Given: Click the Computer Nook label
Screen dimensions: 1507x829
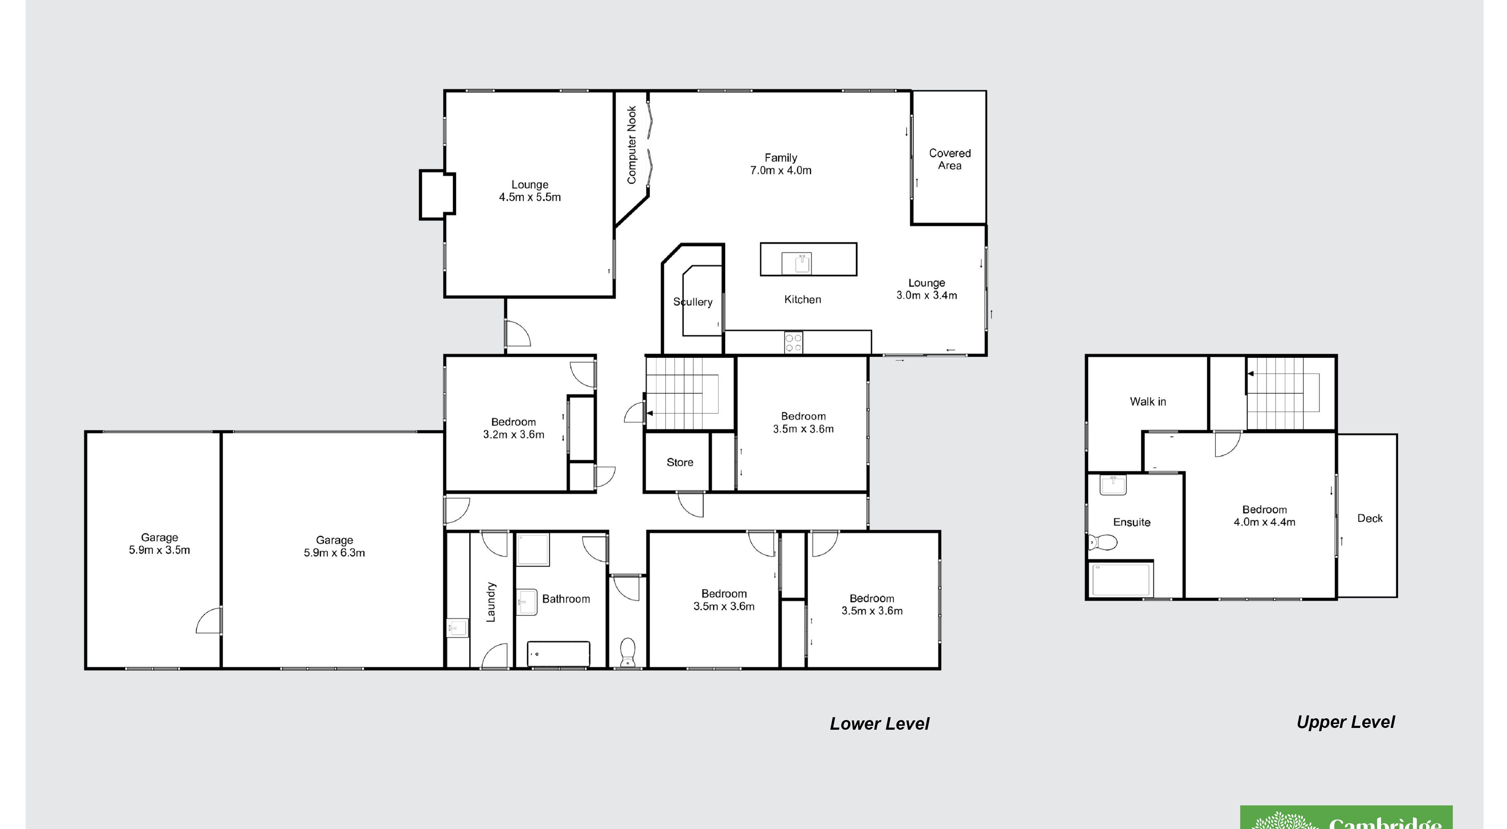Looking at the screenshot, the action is pos(631,144).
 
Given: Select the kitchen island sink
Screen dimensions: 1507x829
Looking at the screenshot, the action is pos(796,263).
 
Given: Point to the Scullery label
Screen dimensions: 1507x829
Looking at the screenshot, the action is pos(693,302).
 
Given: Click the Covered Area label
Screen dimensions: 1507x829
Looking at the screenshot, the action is pos(949,159).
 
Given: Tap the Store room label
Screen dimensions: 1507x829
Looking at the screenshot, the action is pos(680,462).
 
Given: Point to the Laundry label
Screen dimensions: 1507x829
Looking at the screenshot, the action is pos(491,602).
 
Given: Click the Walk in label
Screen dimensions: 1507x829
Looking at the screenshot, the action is pos(1148,402).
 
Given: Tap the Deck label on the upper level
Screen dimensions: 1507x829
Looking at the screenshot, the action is pos(1369,518).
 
